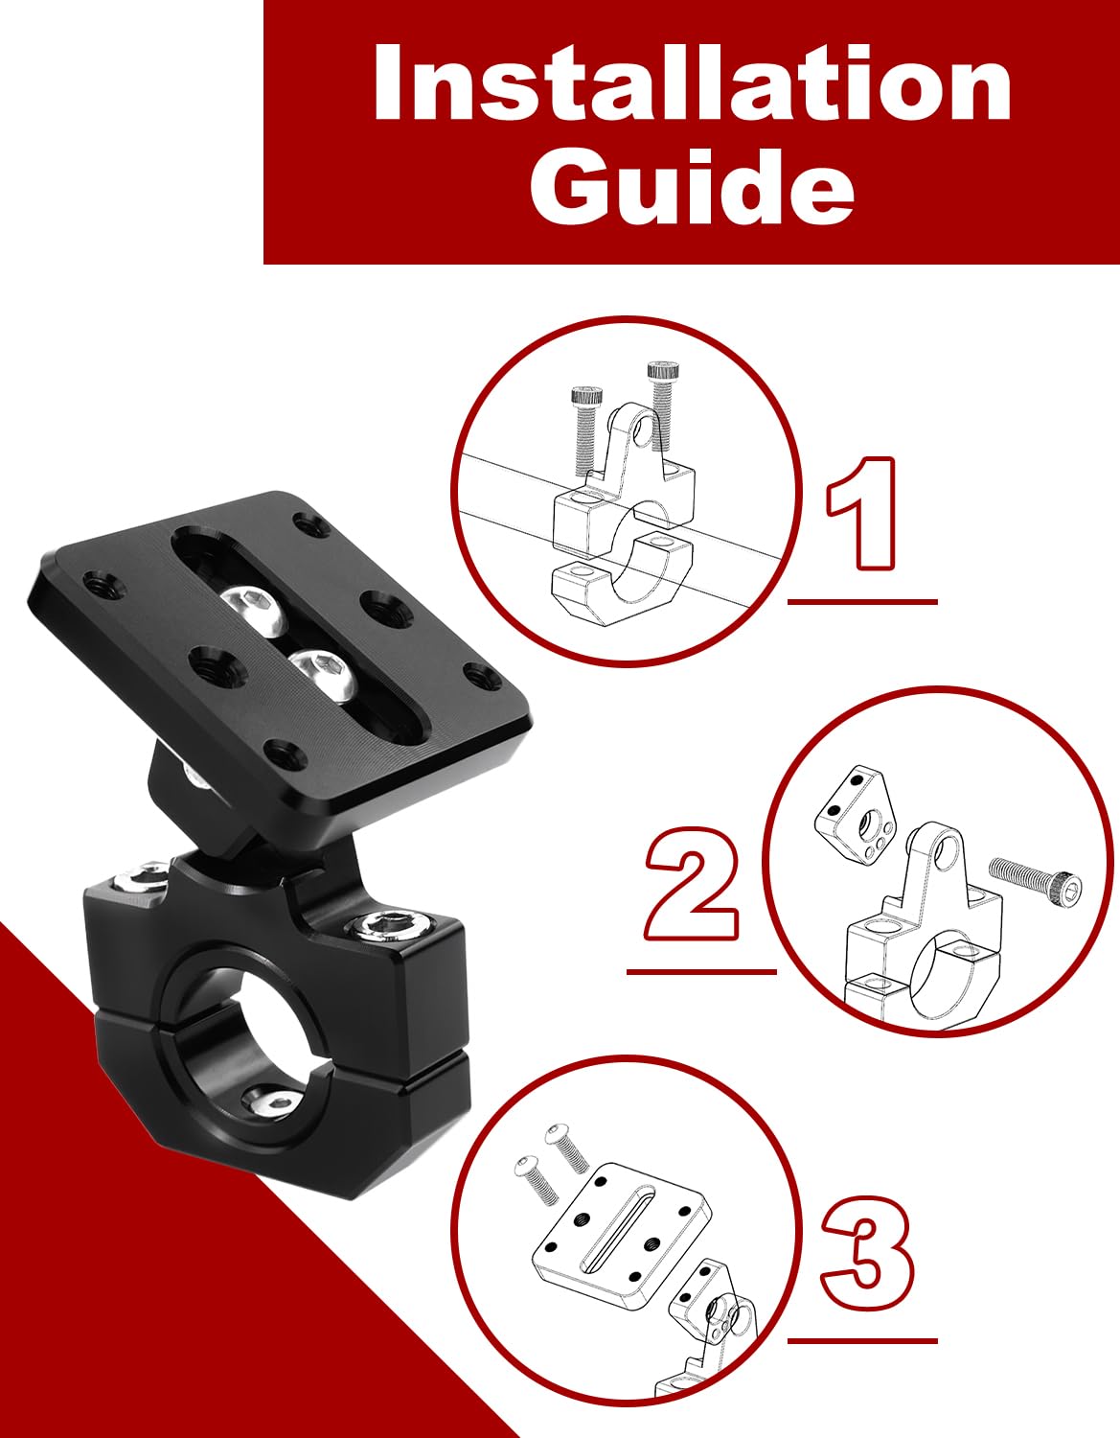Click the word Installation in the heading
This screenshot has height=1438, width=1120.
[692, 84]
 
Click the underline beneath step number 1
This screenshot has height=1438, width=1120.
[862, 602]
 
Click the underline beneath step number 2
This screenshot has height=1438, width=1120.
[700, 972]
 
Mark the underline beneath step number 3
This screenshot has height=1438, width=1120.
[862, 1340]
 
